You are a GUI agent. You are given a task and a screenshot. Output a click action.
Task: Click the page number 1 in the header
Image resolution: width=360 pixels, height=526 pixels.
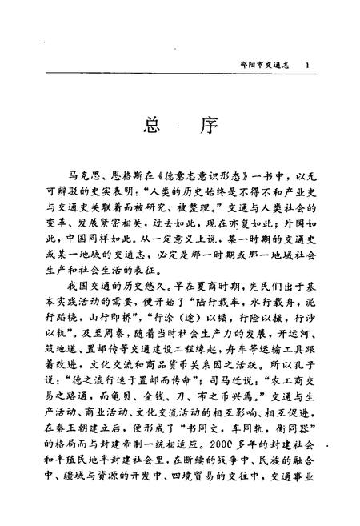[308, 64]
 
